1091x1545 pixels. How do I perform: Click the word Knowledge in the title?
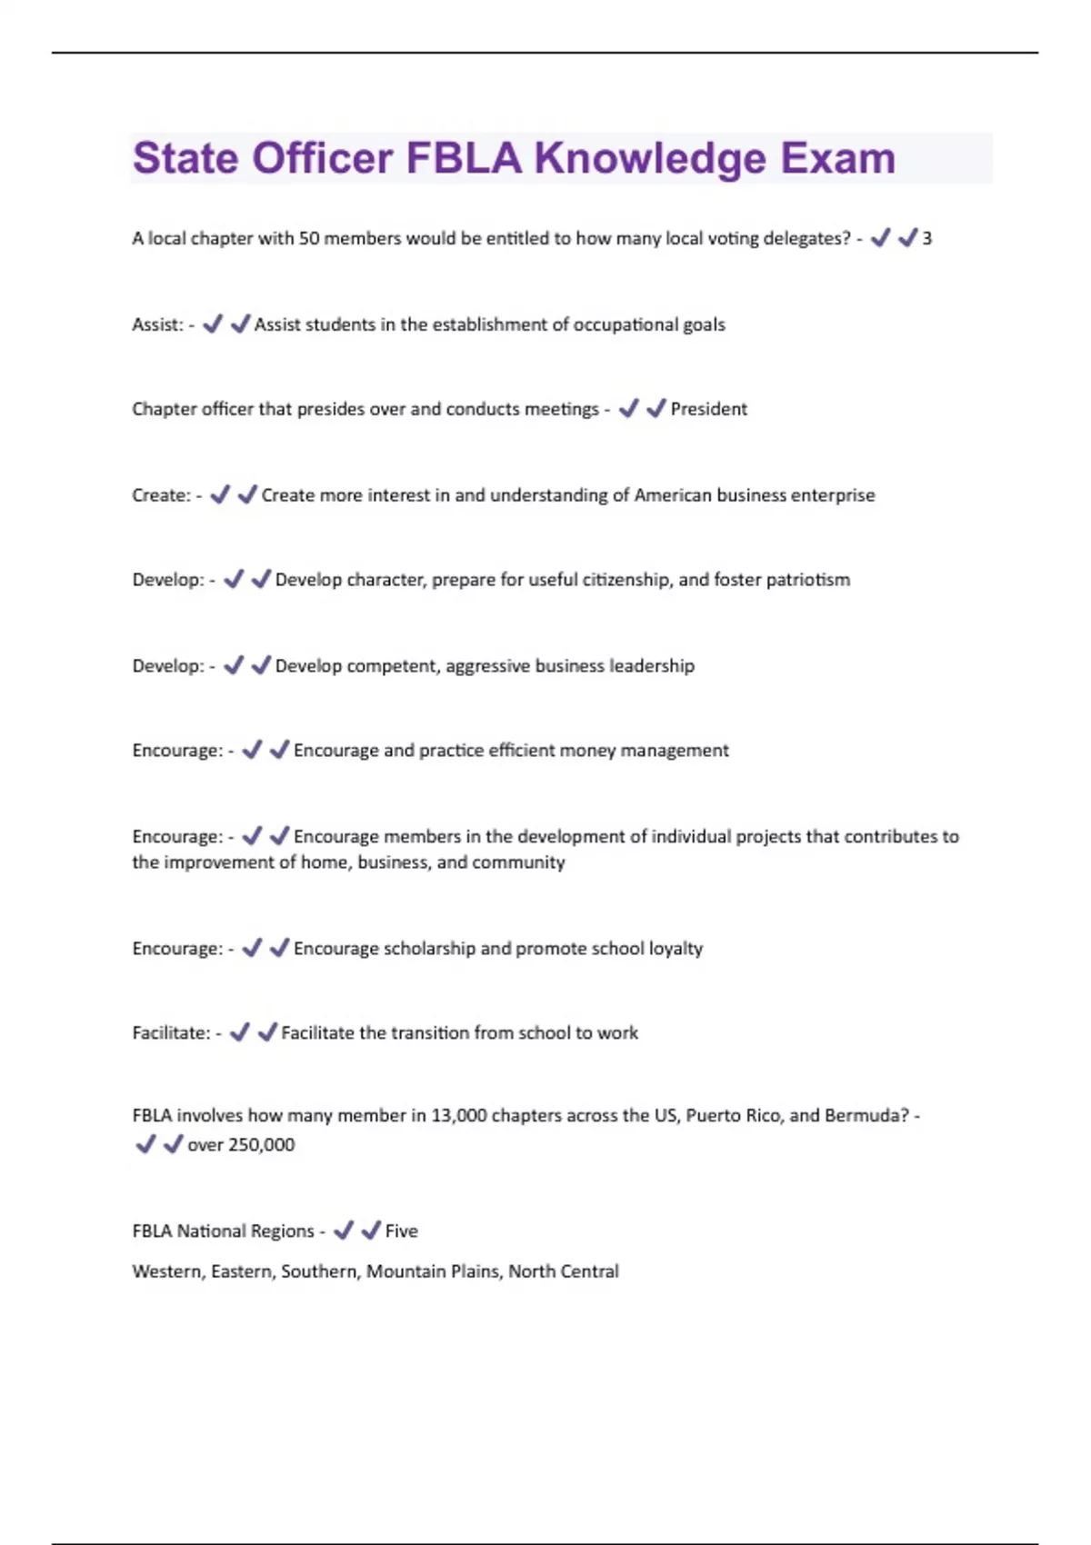click(x=650, y=159)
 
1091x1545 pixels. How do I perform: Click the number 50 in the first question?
click(x=308, y=239)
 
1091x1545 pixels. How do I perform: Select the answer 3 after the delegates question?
click(x=926, y=239)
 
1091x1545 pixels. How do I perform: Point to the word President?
click(x=708, y=410)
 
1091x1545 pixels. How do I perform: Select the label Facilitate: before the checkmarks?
click(x=171, y=1033)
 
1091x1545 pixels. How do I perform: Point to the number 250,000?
click(x=260, y=1145)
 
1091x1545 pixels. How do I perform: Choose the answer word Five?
click(x=401, y=1231)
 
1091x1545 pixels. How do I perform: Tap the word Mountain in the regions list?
click(x=403, y=1271)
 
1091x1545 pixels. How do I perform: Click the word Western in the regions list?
click(x=167, y=1271)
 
